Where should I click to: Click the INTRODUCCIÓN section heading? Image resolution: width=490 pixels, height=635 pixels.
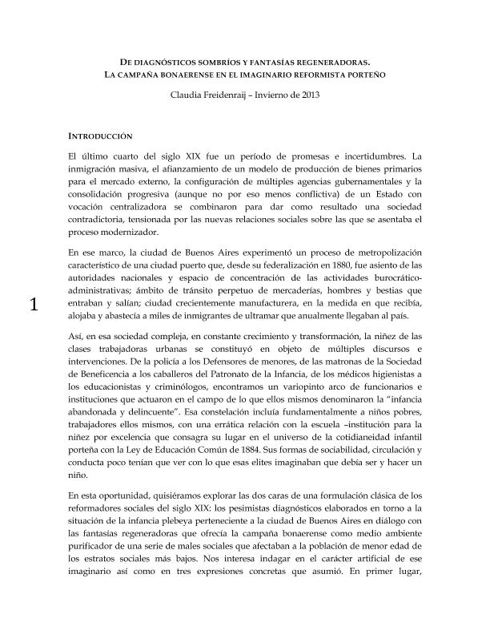point(101,137)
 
